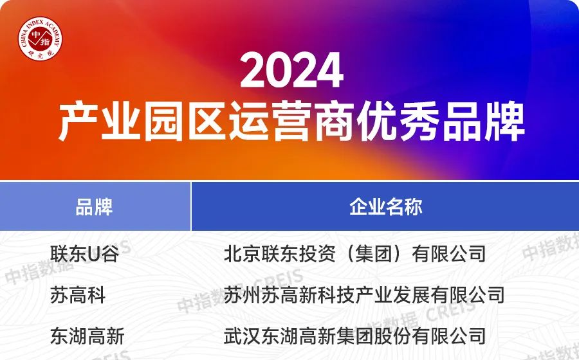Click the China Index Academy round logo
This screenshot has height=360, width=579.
point(41,38)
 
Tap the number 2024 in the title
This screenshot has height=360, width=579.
point(291,70)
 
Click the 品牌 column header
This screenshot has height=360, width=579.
point(94,207)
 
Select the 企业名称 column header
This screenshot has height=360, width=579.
point(386,207)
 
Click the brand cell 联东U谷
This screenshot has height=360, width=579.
point(84,254)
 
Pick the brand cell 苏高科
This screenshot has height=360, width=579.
point(78,295)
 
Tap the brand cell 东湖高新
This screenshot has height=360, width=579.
point(87,336)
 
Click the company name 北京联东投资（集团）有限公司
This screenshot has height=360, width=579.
point(355,254)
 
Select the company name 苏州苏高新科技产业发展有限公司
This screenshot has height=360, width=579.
point(364,295)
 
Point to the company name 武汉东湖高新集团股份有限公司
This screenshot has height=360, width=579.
point(355,336)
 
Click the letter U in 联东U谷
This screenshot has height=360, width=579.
point(94,254)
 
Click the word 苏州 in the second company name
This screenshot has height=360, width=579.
point(243,295)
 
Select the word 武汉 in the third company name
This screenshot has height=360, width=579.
point(243,336)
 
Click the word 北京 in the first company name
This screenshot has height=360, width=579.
point(243,254)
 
